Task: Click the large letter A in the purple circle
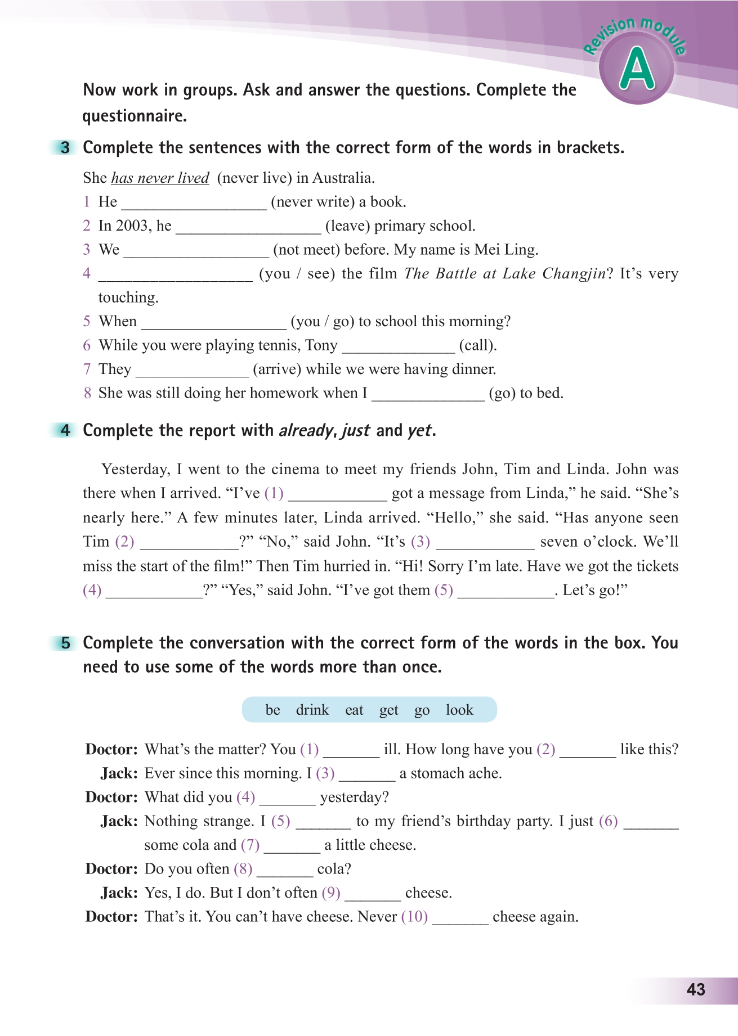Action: pyautogui.click(x=637, y=69)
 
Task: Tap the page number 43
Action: pyautogui.click(x=696, y=990)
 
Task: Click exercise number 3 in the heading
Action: pyautogui.click(x=66, y=148)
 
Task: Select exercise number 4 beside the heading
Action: pyautogui.click(x=66, y=431)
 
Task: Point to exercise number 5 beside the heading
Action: pyautogui.click(x=66, y=643)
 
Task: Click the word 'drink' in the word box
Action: pyautogui.click(x=312, y=710)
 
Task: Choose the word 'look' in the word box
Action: pyautogui.click(x=459, y=710)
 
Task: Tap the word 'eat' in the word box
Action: pyautogui.click(x=354, y=710)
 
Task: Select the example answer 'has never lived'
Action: pyautogui.click(x=160, y=178)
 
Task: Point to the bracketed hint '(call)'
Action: pyautogui.click(x=478, y=345)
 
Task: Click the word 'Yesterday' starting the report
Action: pyautogui.click(x=135, y=469)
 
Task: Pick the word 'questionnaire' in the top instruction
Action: pyautogui.click(x=134, y=116)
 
